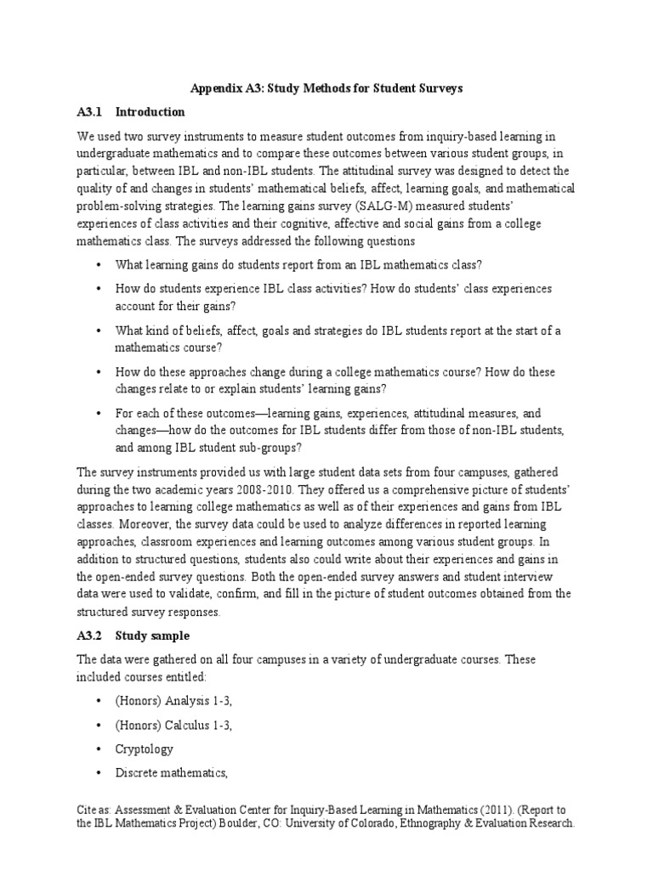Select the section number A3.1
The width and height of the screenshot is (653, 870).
pos(89,111)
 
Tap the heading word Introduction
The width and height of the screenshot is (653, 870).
pos(150,111)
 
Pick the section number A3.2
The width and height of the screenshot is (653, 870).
pos(89,635)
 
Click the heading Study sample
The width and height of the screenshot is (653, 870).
pos(153,635)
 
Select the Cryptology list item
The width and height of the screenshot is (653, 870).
pos(145,749)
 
